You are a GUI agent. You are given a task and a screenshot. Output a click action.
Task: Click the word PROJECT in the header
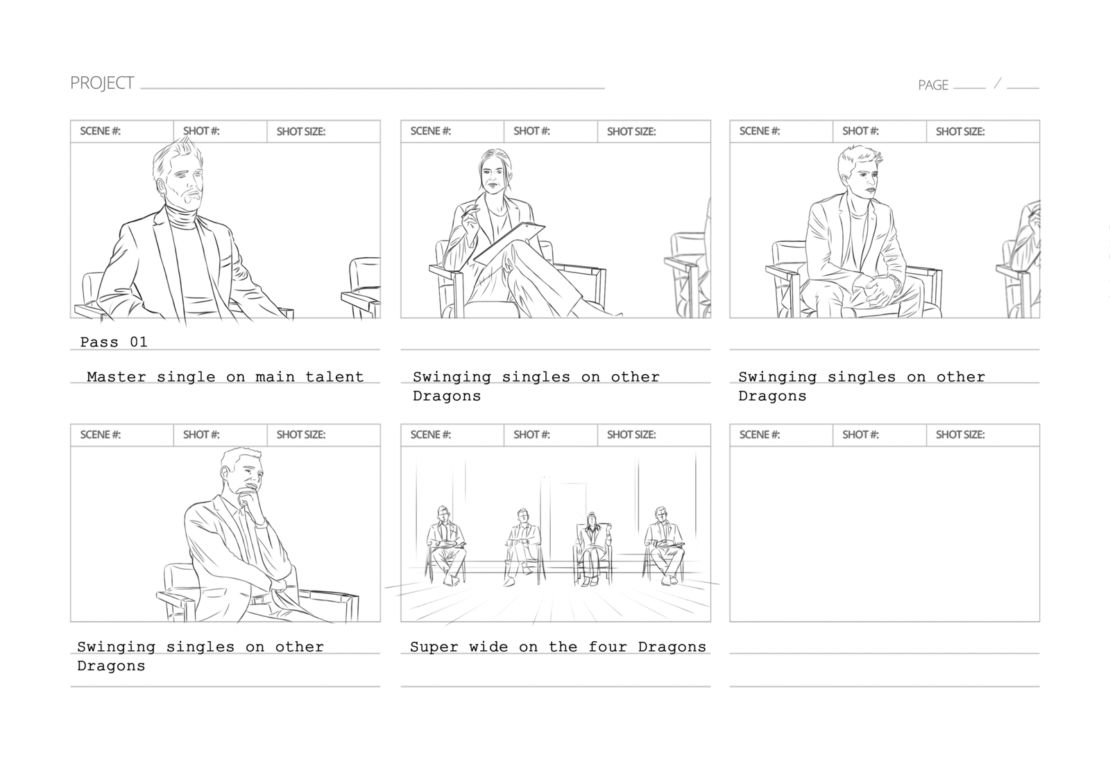pyautogui.click(x=102, y=82)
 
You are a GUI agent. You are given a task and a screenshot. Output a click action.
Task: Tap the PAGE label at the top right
pyautogui.click(x=933, y=85)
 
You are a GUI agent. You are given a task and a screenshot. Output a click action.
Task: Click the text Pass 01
pyautogui.click(x=114, y=342)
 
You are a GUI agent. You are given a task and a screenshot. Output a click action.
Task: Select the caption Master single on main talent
pyautogui.click(x=225, y=377)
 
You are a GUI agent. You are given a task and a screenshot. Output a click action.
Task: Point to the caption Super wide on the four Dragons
pyautogui.click(x=558, y=647)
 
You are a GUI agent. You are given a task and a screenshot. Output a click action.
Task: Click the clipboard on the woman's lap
pyautogui.click(x=509, y=243)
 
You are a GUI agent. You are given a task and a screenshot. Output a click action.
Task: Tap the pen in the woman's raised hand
pyautogui.click(x=468, y=211)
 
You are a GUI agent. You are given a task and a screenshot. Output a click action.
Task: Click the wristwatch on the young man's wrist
pyautogui.click(x=895, y=282)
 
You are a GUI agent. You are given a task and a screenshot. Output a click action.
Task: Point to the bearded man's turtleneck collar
pyautogui.click(x=183, y=216)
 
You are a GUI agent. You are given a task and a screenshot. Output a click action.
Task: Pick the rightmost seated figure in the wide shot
pyautogui.click(x=663, y=545)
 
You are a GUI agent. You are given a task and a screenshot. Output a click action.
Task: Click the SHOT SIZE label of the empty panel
pyautogui.click(x=960, y=435)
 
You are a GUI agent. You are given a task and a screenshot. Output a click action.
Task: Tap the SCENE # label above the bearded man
pyautogui.click(x=100, y=131)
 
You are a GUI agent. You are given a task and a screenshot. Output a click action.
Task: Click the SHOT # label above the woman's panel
pyautogui.click(x=531, y=131)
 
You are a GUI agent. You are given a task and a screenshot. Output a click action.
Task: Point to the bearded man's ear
pyautogui.click(x=160, y=186)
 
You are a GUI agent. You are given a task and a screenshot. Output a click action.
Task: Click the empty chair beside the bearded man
pyautogui.click(x=361, y=287)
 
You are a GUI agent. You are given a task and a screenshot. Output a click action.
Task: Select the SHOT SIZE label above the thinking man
pyautogui.click(x=301, y=435)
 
